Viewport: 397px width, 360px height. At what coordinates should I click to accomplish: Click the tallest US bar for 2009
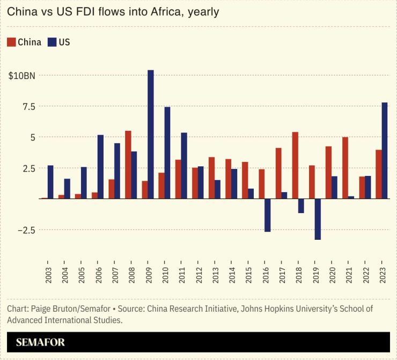[151, 134]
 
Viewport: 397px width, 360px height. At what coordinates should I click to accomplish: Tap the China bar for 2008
[128, 165]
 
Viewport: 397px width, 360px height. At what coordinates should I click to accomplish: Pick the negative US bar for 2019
[318, 219]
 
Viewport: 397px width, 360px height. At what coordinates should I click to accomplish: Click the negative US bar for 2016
[268, 215]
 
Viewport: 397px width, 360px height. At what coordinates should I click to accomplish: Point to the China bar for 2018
[295, 165]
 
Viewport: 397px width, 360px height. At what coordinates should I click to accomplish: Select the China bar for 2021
[345, 168]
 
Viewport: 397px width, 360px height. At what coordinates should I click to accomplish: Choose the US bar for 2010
[167, 153]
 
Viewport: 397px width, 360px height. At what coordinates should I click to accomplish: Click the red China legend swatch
[11, 42]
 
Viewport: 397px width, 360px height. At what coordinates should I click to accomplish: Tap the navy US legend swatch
[52, 42]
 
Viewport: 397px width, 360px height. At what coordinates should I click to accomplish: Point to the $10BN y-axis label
[22, 76]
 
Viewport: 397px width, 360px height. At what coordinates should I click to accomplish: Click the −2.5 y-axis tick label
[24, 230]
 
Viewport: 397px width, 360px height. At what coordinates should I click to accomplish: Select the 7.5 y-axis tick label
[28, 107]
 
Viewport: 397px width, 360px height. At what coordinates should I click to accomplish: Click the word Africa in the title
[166, 11]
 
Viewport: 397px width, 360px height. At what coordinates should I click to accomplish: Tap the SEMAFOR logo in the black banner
[40, 342]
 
